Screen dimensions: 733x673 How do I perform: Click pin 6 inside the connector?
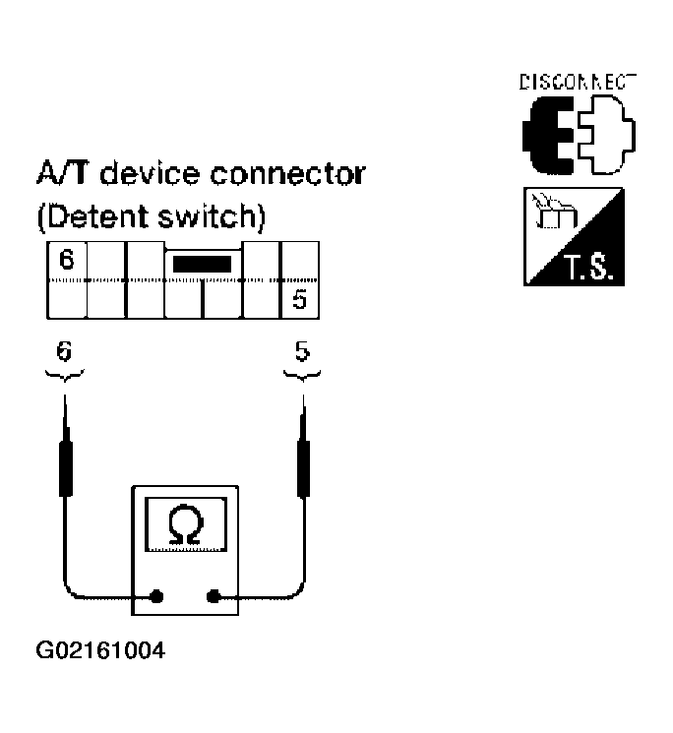pyautogui.click(x=66, y=261)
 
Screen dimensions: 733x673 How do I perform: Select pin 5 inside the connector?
pyautogui.click(x=299, y=299)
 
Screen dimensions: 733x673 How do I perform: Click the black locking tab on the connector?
pyautogui.click(x=202, y=264)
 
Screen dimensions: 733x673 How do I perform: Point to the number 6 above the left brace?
pyautogui.click(x=65, y=349)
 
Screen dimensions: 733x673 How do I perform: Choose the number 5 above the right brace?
pyautogui.click(x=301, y=349)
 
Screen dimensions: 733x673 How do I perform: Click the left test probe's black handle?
pyautogui.click(x=66, y=471)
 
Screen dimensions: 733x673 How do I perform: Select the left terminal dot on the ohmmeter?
pyautogui.click(x=156, y=595)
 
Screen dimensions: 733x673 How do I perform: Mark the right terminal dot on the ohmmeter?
pyautogui.click(x=212, y=595)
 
